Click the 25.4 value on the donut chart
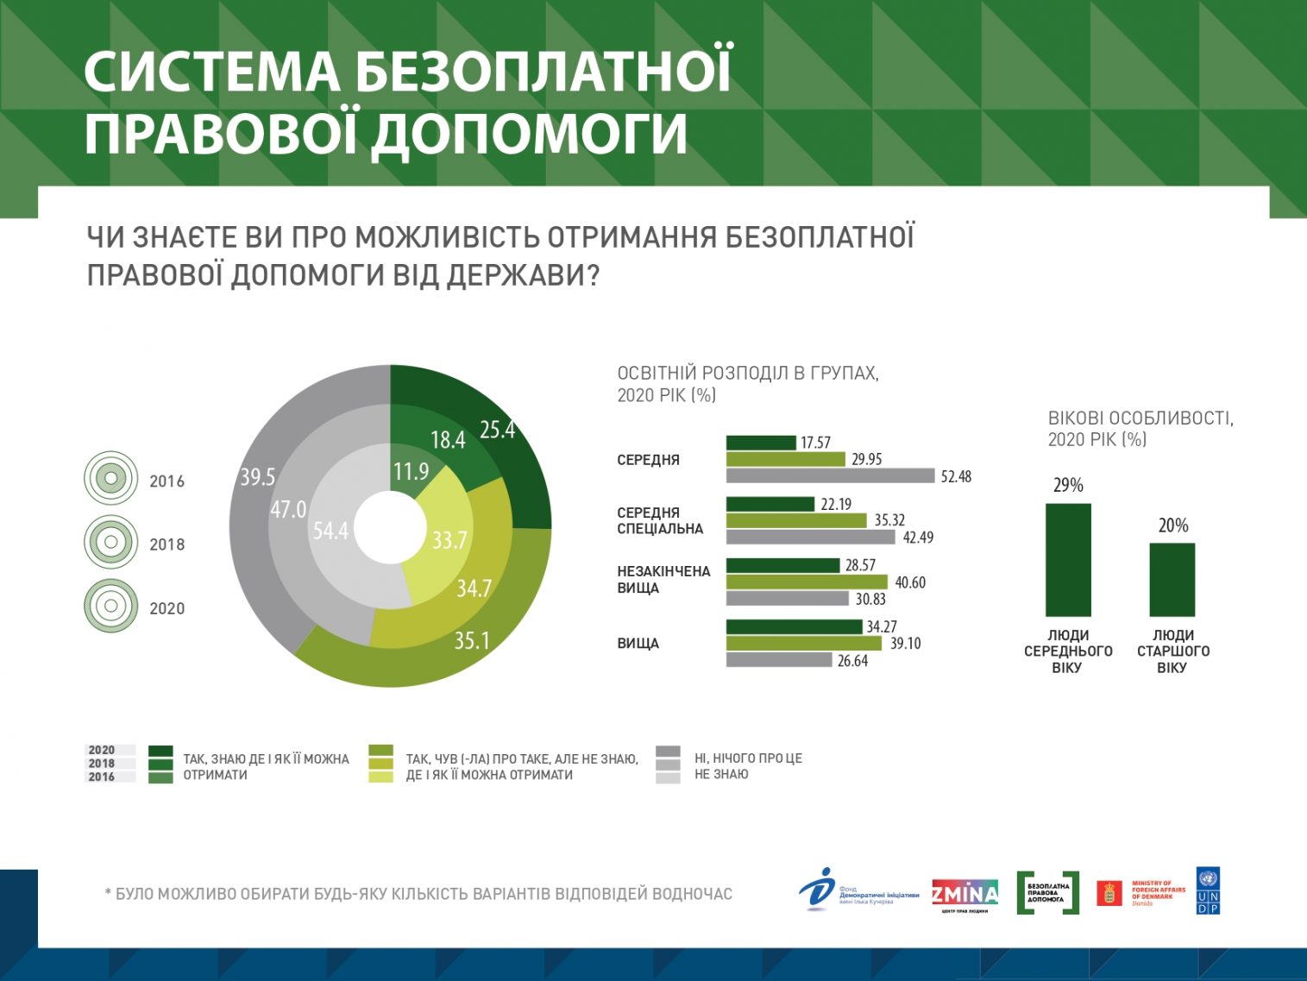(x=497, y=430)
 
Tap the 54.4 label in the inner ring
(x=330, y=531)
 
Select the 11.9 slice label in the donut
(x=411, y=472)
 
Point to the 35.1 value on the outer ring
(x=472, y=640)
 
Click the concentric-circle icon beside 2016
(x=110, y=478)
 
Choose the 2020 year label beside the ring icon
(x=167, y=608)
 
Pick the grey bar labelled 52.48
(x=830, y=476)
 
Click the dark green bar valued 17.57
(x=761, y=443)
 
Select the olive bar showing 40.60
(x=807, y=582)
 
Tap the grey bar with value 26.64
(x=779, y=660)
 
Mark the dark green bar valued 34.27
(x=794, y=626)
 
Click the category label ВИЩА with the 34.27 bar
(x=638, y=644)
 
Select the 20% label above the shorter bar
(x=1173, y=525)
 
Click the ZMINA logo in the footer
(x=965, y=894)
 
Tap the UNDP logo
(x=1208, y=890)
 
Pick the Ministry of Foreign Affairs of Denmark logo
(x=1140, y=893)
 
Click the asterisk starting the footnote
(x=108, y=893)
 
